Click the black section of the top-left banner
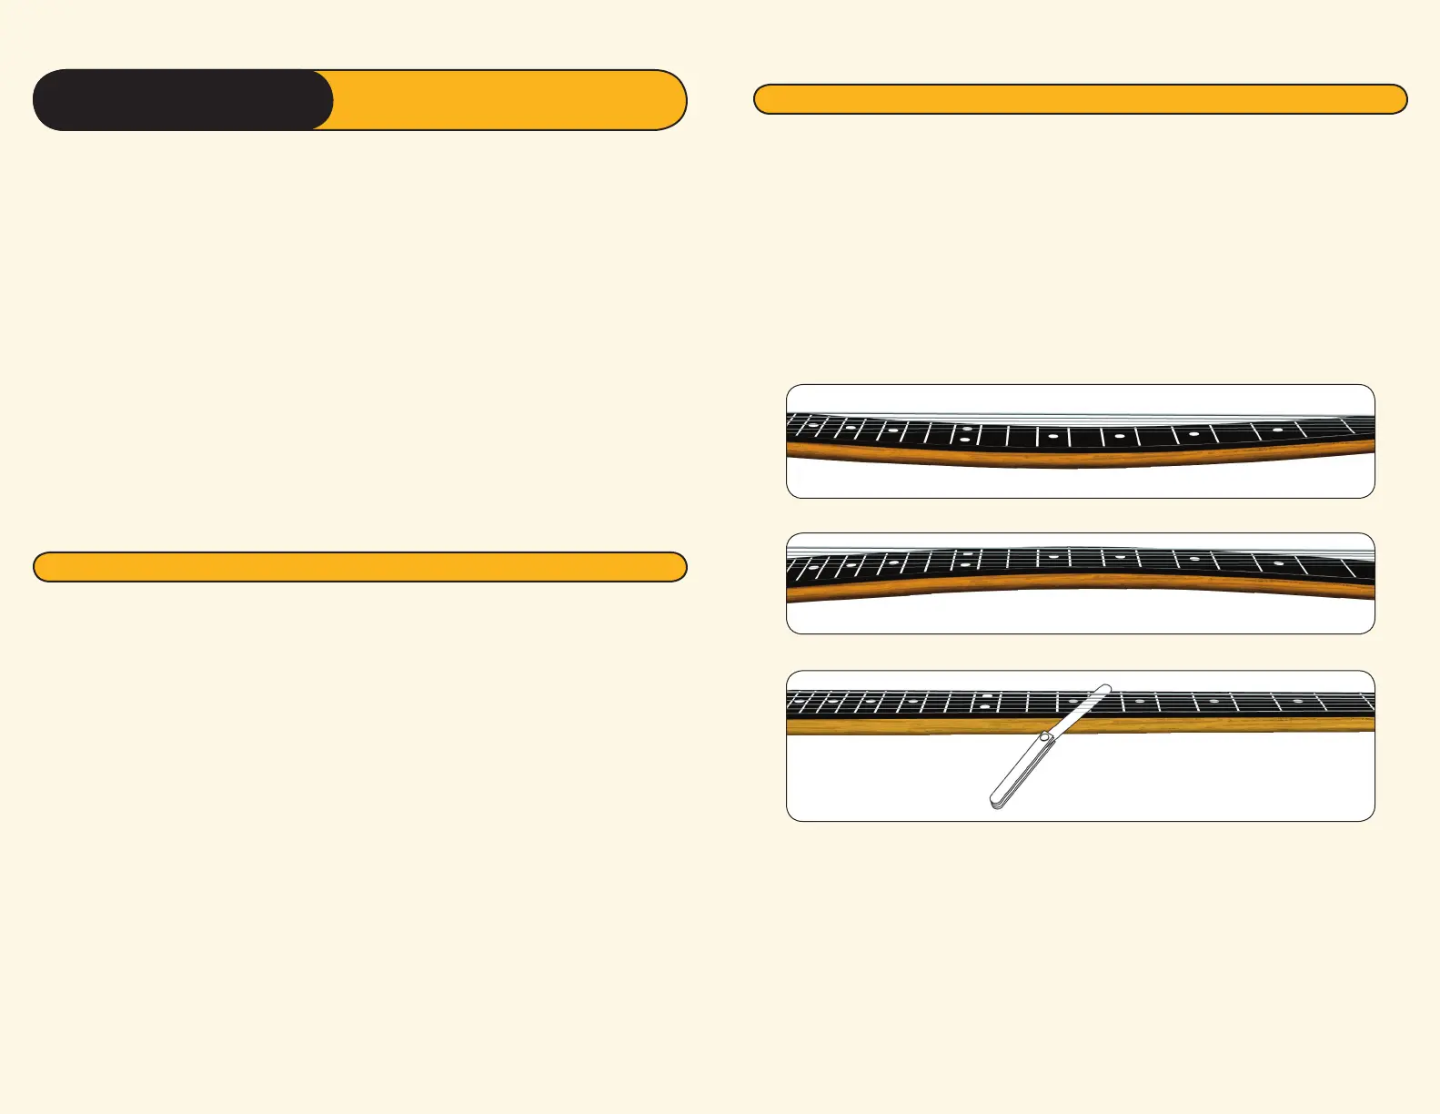(x=182, y=100)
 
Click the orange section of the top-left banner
(x=500, y=100)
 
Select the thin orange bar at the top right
(x=1081, y=99)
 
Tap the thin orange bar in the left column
(x=359, y=567)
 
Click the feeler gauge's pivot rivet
(x=1046, y=736)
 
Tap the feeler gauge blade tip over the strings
(x=1104, y=689)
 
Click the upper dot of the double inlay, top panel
(x=966, y=428)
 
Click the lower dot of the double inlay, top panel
(x=964, y=441)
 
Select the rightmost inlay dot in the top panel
(x=1278, y=430)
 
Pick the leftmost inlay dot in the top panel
(x=812, y=425)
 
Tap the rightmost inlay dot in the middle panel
(x=1278, y=563)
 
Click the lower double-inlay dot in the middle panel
(x=964, y=565)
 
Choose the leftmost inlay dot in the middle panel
(x=812, y=570)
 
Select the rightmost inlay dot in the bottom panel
(x=1298, y=702)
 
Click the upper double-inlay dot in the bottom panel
(x=987, y=696)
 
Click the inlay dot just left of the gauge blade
(x=1073, y=702)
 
